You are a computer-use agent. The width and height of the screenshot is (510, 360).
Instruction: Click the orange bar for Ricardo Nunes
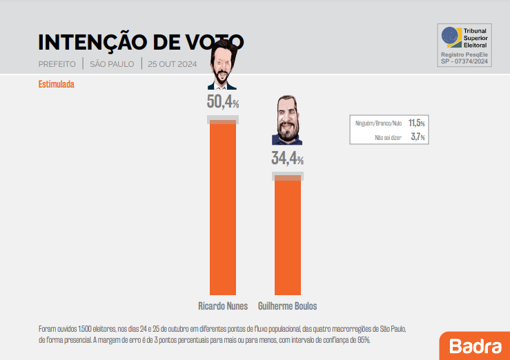(x=223, y=207)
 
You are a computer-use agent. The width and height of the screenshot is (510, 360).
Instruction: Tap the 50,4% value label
(x=222, y=102)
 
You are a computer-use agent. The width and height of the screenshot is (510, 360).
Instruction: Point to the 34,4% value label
(x=287, y=159)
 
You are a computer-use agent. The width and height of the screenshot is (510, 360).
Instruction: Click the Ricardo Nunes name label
(x=223, y=306)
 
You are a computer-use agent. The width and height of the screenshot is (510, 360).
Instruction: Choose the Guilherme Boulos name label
(x=287, y=306)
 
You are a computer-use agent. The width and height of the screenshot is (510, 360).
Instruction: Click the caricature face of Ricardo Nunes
(x=222, y=66)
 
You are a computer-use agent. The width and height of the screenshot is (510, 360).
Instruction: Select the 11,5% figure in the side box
(x=416, y=123)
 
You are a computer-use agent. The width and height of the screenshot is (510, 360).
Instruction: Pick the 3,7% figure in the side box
(x=418, y=137)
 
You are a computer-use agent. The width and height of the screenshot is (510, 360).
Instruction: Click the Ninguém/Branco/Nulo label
(x=378, y=123)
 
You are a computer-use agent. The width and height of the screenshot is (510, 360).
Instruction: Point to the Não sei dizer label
(x=388, y=137)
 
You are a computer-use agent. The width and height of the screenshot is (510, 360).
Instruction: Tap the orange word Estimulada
(x=56, y=85)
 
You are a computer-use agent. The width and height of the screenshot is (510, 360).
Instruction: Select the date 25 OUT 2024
(x=172, y=64)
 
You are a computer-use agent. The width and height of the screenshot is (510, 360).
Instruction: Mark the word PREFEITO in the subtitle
(x=57, y=64)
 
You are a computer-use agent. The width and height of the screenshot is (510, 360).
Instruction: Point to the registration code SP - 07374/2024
(x=464, y=61)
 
